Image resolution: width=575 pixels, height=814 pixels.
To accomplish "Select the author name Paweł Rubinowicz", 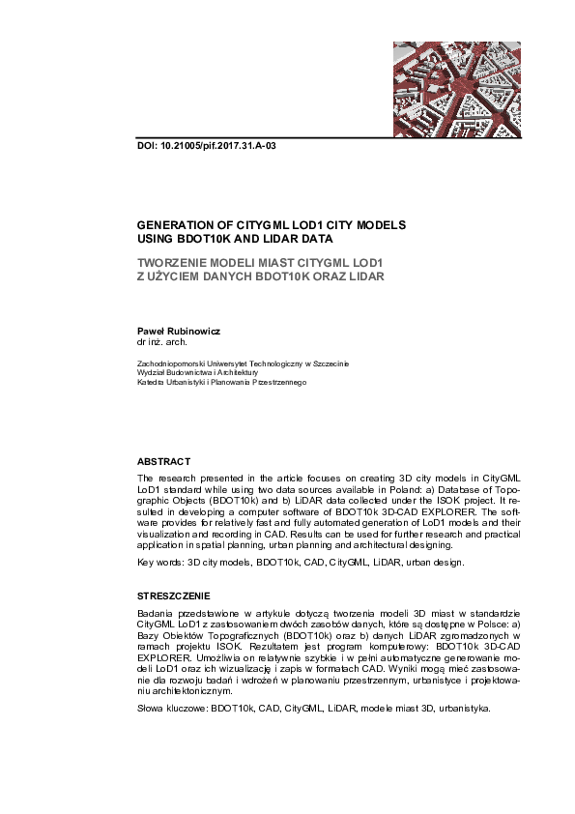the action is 179,331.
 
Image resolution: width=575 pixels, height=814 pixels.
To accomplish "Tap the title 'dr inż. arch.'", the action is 162,342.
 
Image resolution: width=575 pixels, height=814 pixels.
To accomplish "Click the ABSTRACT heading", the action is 164,462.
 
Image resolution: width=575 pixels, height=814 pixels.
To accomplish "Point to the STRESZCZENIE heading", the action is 174,596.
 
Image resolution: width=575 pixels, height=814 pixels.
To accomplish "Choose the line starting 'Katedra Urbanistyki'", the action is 222,383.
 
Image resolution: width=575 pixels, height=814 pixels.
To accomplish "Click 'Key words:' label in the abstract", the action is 160,561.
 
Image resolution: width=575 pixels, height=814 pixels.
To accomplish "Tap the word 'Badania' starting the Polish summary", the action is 155,615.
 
